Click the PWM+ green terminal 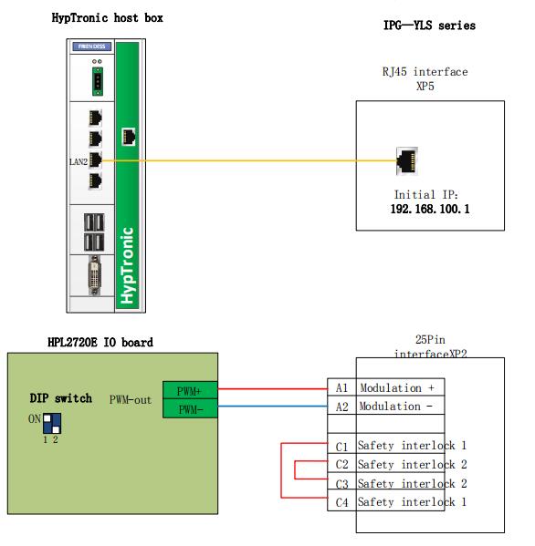190,391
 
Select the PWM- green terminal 190,408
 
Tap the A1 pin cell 341,387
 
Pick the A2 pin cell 341,406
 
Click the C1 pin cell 341,446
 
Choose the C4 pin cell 341,501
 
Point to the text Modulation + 397,388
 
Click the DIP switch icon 52,423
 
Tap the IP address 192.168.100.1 430,209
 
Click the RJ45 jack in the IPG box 406,160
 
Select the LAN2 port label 79,161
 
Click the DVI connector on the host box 95,275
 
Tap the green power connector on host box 98,81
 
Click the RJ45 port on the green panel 129,136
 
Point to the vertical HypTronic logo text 127,265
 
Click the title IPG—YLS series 429,26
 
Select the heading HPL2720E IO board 100,343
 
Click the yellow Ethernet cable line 249,160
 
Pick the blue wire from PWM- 273,406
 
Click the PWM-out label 131,400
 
